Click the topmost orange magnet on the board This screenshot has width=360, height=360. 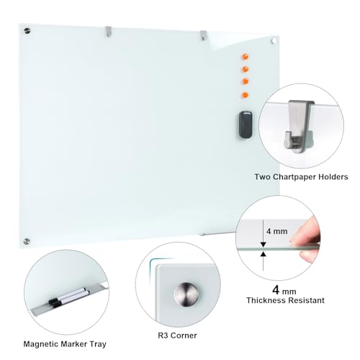245,57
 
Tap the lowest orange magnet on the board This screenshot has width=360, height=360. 245,95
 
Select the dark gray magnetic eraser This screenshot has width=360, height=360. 246,125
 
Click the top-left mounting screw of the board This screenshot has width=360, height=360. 27,31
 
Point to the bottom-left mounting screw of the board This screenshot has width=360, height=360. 27,241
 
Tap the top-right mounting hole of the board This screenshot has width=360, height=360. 274,41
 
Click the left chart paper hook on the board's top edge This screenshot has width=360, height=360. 109,32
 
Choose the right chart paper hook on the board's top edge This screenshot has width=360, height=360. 204,35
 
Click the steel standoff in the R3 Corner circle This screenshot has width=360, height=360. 186,294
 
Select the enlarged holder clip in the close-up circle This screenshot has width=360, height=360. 299,127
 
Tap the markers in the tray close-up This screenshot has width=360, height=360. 68,297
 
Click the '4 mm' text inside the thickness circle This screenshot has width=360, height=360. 276,231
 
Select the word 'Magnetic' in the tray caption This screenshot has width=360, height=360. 40,344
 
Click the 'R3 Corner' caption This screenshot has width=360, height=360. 177,336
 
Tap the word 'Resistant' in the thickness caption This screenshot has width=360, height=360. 306,300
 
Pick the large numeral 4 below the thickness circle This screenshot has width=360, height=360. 276,289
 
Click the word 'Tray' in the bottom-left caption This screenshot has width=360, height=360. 98,344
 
